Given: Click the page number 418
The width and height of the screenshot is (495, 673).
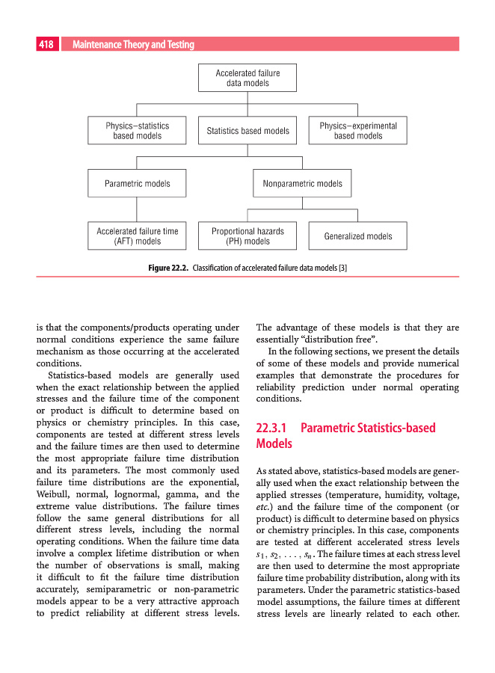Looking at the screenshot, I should (46, 45).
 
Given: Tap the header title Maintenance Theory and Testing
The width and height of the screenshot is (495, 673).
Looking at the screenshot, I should (133, 45).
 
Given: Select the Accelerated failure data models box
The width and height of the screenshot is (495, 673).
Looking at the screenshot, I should (248, 79).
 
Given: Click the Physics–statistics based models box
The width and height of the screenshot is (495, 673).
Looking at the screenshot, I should (138, 131).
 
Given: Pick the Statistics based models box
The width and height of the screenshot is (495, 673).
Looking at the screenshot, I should (248, 131).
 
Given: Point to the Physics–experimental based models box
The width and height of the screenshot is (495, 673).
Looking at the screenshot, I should (358, 131).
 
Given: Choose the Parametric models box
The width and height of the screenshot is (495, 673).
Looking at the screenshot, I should (138, 183).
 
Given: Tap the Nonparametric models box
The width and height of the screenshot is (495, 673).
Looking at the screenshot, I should (303, 183).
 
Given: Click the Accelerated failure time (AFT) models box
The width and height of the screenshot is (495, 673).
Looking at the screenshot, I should (138, 236).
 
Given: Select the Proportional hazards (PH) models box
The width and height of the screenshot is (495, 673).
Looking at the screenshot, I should (248, 236).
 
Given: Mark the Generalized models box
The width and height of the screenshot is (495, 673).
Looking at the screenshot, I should (358, 236).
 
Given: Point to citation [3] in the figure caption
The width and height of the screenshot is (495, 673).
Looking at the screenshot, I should (342, 267).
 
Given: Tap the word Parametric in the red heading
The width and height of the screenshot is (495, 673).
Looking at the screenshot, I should (330, 428).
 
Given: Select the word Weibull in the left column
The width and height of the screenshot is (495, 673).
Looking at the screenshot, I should (53, 495).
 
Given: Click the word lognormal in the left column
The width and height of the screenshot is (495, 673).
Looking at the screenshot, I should (138, 495).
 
